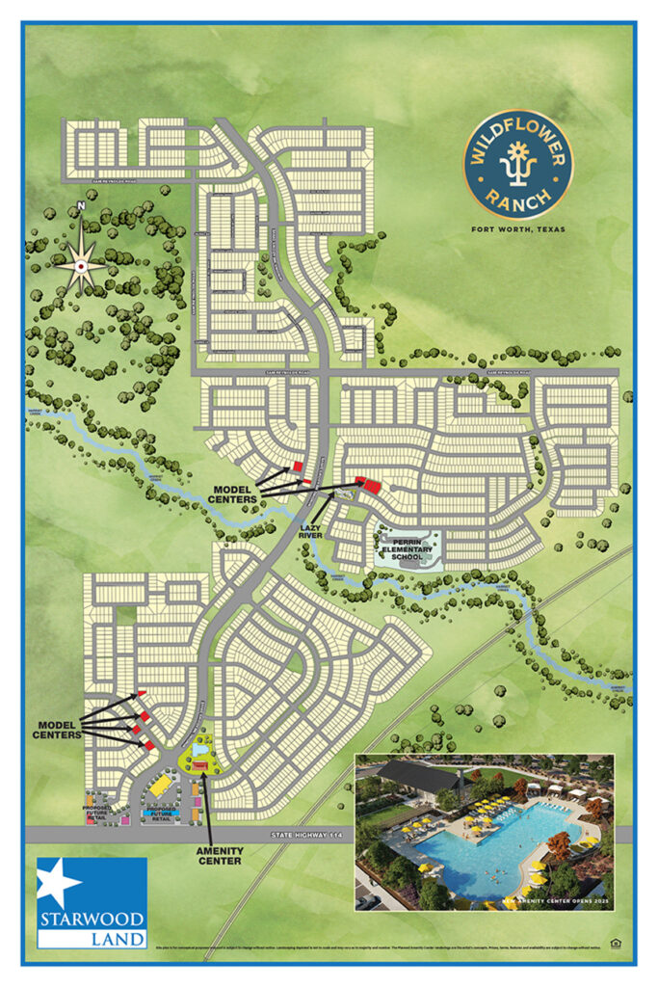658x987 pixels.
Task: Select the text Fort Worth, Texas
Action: (517, 229)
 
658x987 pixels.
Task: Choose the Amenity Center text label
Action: (220, 856)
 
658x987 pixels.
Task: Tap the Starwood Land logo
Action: (92, 902)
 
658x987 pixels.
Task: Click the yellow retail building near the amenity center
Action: (161, 787)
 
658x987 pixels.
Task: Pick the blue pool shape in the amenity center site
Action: (200, 749)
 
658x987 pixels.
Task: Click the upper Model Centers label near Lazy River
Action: (235, 494)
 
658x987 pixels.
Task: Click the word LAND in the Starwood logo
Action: (92, 938)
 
